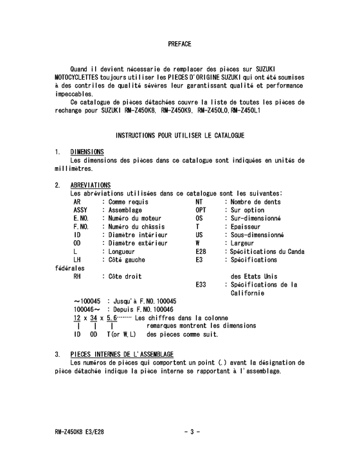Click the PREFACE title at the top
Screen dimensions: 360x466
pos(179,44)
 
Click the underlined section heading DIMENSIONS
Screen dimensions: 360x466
pos(87,152)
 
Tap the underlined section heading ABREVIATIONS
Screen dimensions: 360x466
pos(90,185)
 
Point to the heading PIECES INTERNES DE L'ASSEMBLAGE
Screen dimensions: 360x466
pos(122,354)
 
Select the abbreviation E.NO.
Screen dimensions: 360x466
pos(81,218)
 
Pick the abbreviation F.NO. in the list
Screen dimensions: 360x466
pos(81,226)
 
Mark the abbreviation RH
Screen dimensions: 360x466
pos(78,276)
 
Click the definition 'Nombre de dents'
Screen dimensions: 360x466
pos(255,201)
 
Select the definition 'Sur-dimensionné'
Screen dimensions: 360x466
pos(255,218)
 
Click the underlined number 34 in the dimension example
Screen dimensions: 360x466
pos(94,318)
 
